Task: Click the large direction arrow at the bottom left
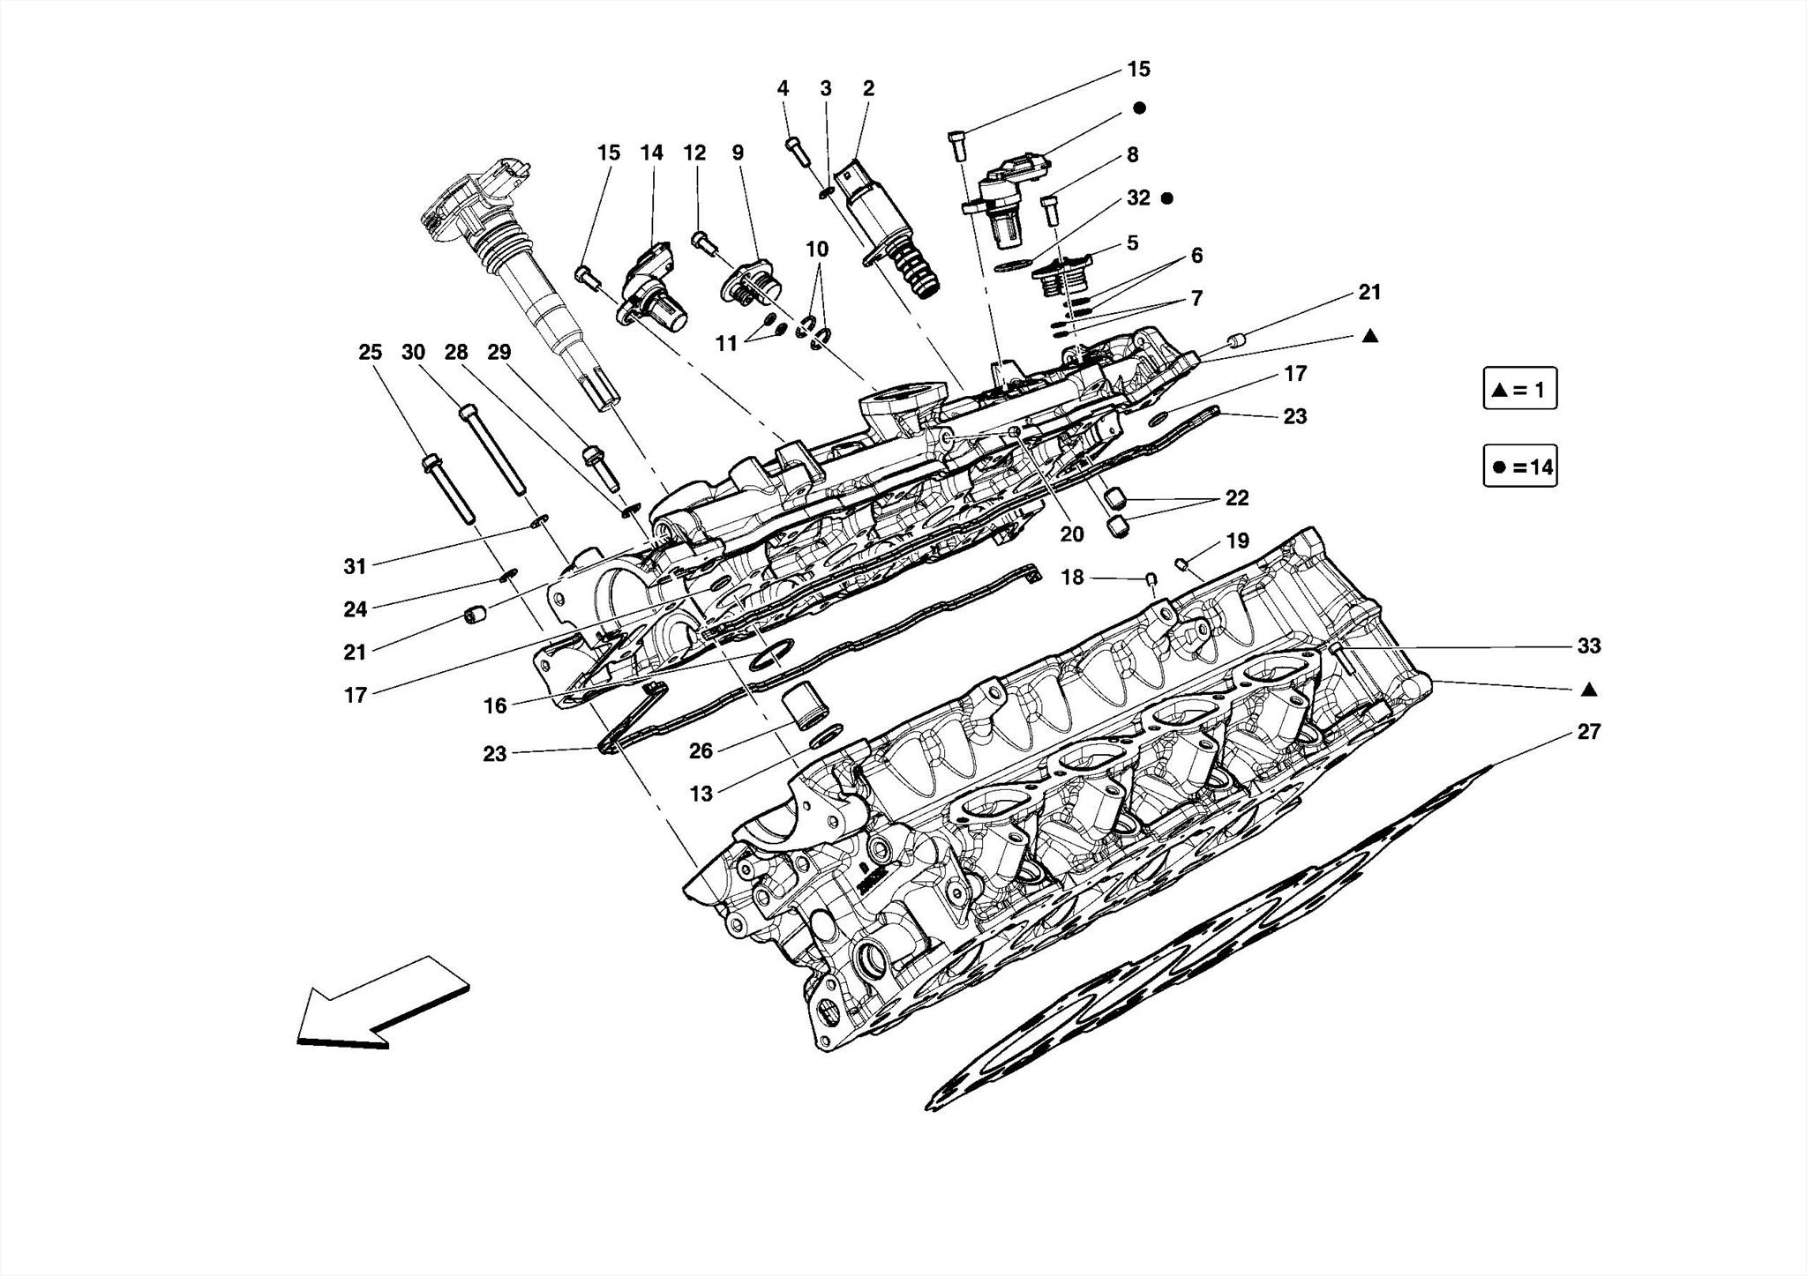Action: [381, 1004]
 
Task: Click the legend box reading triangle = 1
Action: [1519, 389]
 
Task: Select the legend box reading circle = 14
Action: [1519, 466]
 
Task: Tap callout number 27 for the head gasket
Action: [1588, 732]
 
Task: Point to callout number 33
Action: [1588, 646]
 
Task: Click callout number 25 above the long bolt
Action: [370, 353]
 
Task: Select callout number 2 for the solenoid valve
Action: [868, 89]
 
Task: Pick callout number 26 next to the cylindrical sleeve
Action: [701, 751]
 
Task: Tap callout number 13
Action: [701, 794]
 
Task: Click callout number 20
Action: [1071, 534]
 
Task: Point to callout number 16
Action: [495, 705]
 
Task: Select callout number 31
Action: [355, 566]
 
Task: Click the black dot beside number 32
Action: [1166, 198]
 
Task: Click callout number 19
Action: [1237, 541]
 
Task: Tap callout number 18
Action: [1071, 578]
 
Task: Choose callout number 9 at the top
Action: [738, 153]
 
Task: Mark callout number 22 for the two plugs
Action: [1237, 498]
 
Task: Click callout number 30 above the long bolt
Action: [413, 353]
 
